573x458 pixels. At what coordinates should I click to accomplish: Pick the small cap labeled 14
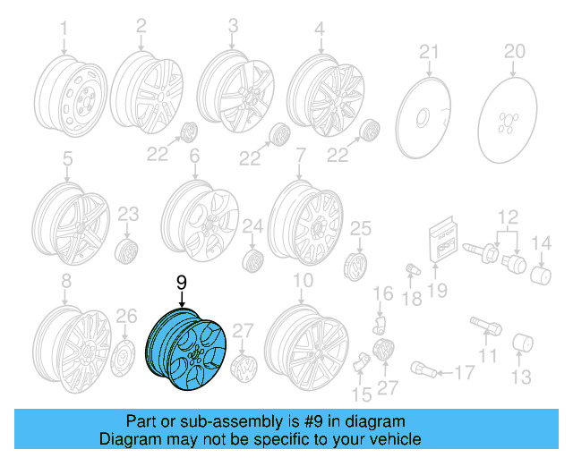(x=541, y=272)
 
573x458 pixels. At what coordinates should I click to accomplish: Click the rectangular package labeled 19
(x=444, y=241)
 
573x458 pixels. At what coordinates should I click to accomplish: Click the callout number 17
(x=464, y=373)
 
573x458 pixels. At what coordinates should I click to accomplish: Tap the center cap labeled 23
(x=127, y=250)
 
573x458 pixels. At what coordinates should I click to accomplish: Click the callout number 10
(x=303, y=281)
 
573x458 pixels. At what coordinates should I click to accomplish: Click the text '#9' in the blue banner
(x=316, y=420)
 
